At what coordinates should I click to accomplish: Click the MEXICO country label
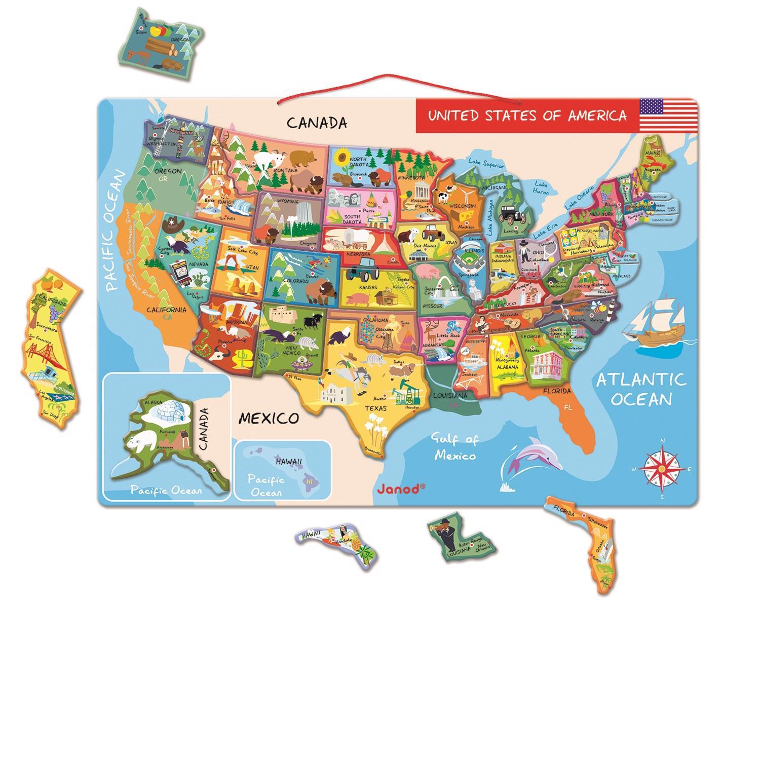pyautogui.click(x=269, y=418)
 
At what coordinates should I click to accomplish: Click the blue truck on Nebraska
pyautogui.click(x=363, y=269)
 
